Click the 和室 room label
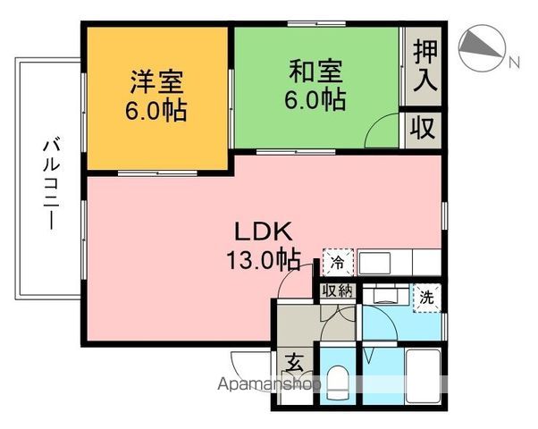pos(315,71)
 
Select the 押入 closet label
pos(425,66)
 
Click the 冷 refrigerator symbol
pos(337,262)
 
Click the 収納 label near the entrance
pos(338,290)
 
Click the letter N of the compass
pos(514,63)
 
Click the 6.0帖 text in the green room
pos(315,98)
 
